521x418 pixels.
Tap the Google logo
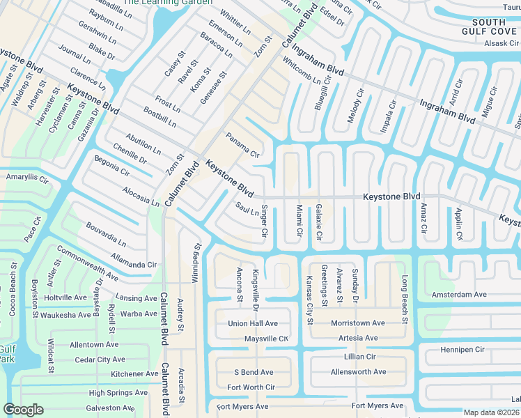[x=23, y=410]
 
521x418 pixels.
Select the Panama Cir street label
[x=242, y=144]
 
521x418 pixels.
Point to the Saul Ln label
[x=247, y=209]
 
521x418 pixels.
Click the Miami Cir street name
[x=299, y=220]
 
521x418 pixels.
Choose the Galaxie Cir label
[x=319, y=222]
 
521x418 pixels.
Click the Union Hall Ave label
[x=253, y=323]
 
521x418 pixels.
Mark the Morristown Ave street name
[x=357, y=323]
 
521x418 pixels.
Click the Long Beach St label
[x=404, y=299]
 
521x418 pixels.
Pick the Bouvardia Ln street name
[x=107, y=235]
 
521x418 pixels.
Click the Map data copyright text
[x=492, y=412]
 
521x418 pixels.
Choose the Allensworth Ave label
[x=358, y=372]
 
